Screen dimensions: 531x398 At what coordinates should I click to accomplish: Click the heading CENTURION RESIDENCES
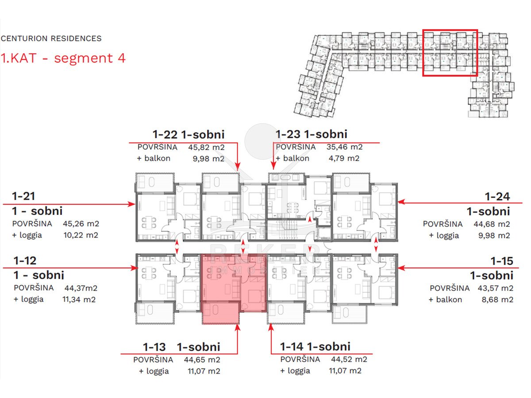(x=51, y=38)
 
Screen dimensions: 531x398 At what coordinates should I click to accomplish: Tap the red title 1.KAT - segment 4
(x=63, y=58)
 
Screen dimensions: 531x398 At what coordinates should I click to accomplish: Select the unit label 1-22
(x=165, y=134)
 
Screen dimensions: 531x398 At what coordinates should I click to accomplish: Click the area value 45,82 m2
(x=206, y=147)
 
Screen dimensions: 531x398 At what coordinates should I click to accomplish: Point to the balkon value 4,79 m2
(x=344, y=158)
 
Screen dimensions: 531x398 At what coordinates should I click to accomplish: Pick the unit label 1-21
(x=23, y=196)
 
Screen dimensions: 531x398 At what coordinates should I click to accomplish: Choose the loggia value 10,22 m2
(x=81, y=235)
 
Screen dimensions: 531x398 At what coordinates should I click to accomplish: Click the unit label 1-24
(x=497, y=196)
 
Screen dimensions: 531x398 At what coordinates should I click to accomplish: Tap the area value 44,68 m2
(x=492, y=224)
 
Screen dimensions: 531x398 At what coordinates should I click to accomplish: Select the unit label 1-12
(x=25, y=260)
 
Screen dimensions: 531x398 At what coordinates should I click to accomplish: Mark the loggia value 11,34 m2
(x=79, y=300)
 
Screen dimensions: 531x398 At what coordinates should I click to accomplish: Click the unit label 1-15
(x=502, y=261)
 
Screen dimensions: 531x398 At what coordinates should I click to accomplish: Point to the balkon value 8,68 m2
(x=497, y=300)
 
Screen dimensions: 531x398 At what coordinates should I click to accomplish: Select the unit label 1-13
(x=154, y=347)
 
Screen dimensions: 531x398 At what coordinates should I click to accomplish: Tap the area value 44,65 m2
(x=202, y=360)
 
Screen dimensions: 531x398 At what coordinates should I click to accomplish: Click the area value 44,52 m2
(x=349, y=360)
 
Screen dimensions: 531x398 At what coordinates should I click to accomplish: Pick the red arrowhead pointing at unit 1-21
(x=131, y=204)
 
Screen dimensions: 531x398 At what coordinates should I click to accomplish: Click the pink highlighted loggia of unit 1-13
(x=220, y=313)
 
